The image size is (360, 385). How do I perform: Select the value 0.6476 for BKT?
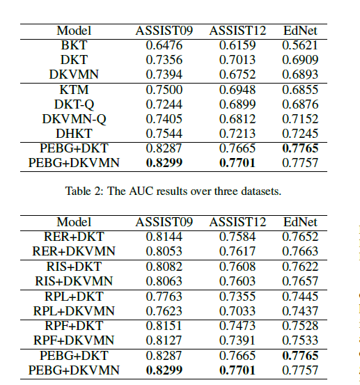(x=165, y=45)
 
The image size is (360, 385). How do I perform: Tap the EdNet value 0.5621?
(x=300, y=45)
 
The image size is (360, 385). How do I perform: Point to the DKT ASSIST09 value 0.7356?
(x=165, y=60)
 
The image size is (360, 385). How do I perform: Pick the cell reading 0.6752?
(x=238, y=74)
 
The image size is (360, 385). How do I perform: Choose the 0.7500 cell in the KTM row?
(x=165, y=90)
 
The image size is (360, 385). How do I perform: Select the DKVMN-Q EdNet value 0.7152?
(x=300, y=119)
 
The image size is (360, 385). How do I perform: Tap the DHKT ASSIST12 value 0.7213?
(x=238, y=134)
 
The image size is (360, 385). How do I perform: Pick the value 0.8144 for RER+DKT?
(x=165, y=237)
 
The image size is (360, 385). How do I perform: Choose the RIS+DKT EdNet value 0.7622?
(x=300, y=267)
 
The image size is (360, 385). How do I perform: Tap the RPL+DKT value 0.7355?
(x=238, y=297)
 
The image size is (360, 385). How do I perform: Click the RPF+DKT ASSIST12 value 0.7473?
(x=238, y=326)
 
